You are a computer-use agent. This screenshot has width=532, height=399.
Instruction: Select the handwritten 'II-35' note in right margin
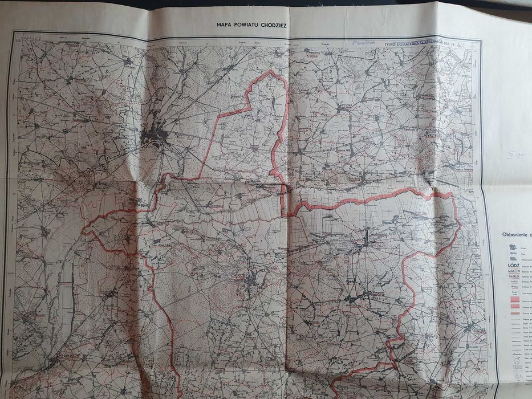514,154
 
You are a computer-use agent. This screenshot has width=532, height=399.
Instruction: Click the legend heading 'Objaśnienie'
515,234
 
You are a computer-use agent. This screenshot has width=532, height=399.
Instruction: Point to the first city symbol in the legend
512,247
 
